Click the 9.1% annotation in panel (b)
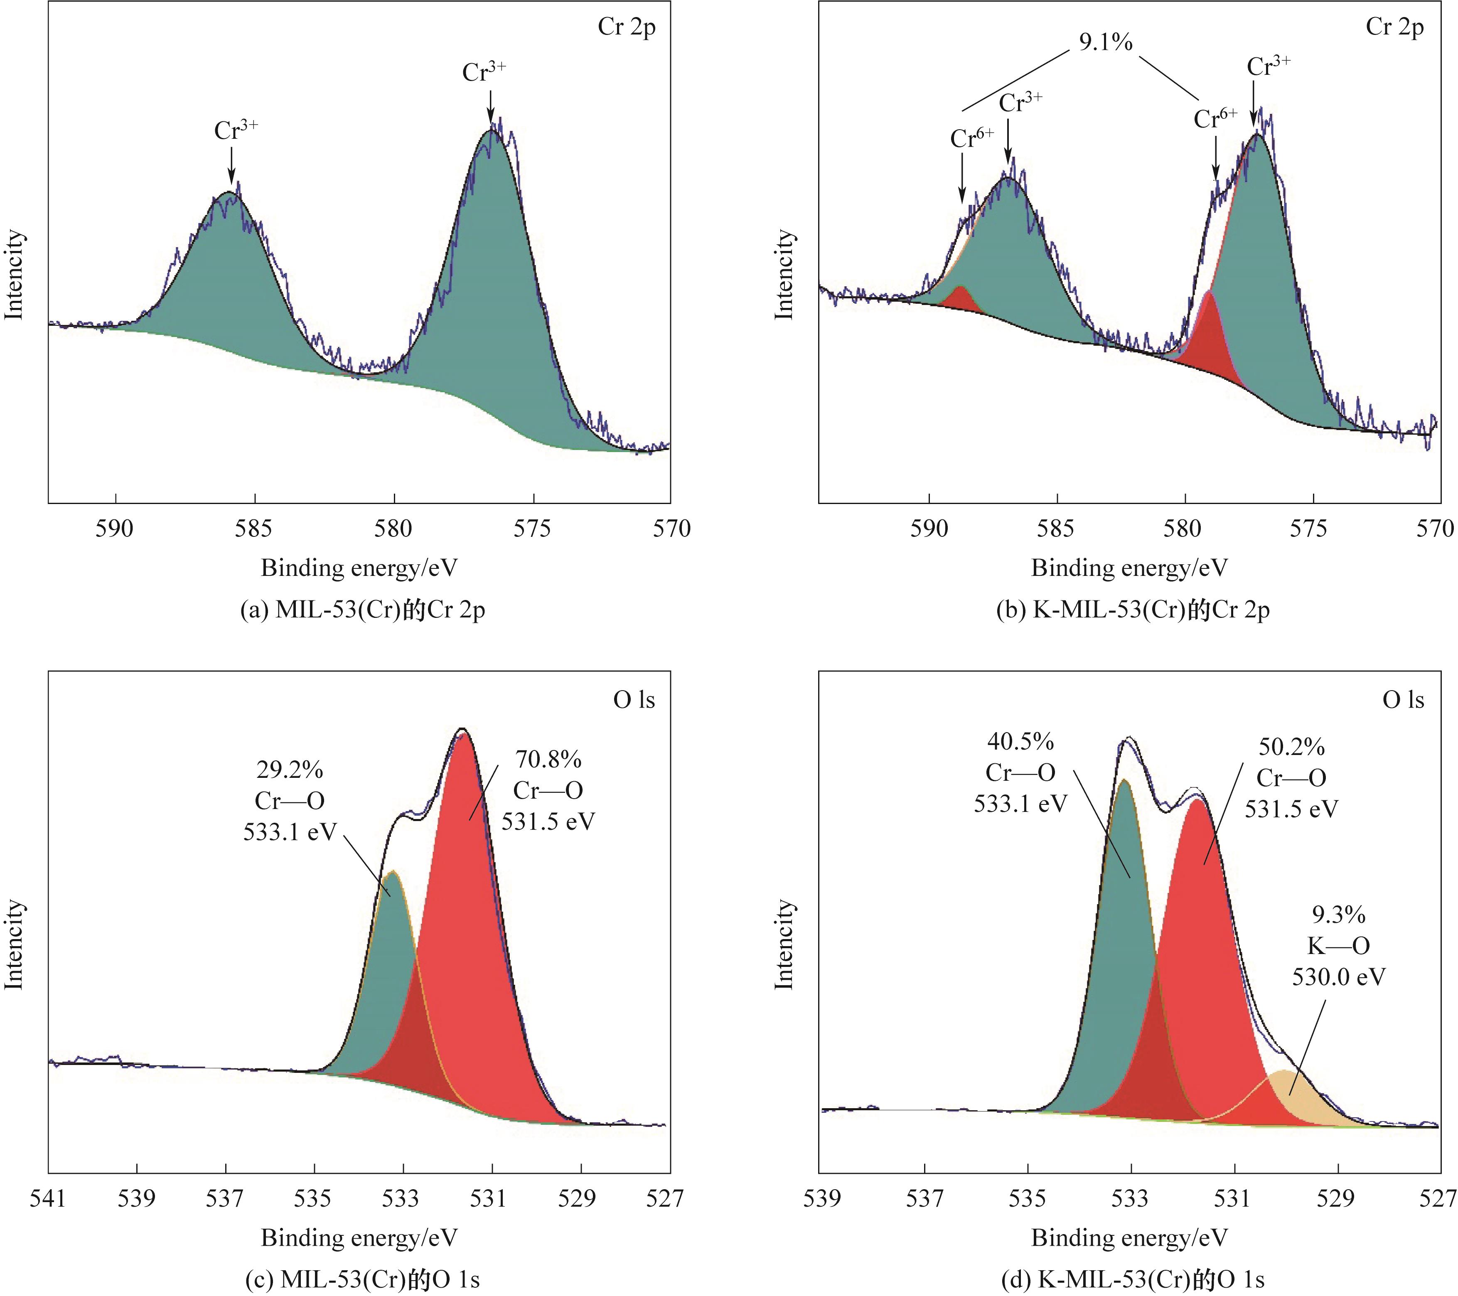pyautogui.click(x=1105, y=43)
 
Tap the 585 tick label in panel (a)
pyautogui.click(x=255, y=529)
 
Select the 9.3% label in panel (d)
pyautogui.click(x=1338, y=915)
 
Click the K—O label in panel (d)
pyautogui.click(x=1338, y=946)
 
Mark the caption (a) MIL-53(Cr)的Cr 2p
pyautogui.click(x=363, y=610)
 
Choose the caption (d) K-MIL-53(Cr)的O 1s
pyautogui.click(x=1133, y=1280)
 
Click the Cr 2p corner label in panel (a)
pyautogui.click(x=626, y=27)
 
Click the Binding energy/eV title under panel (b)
pyautogui.click(x=1129, y=568)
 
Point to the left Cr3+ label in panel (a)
pyautogui.click(x=236, y=130)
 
